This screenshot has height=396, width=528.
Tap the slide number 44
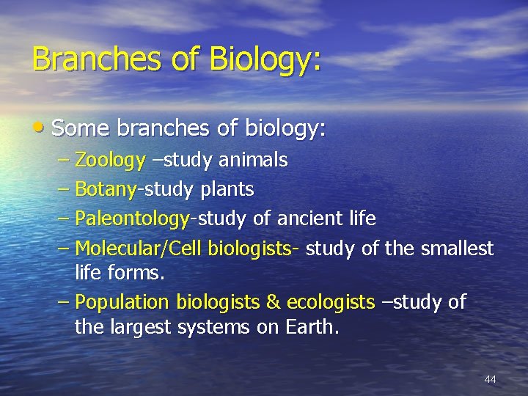tap(491, 379)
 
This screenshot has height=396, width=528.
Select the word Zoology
tap(110, 160)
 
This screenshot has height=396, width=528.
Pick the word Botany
tap(106, 190)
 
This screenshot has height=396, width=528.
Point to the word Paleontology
tap(133, 219)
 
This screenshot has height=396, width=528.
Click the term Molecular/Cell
tap(139, 249)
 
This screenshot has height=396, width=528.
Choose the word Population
tap(121, 302)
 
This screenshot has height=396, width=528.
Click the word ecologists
tap(331, 302)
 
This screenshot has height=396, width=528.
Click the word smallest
tap(457, 249)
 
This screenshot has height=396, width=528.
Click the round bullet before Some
tap(39, 129)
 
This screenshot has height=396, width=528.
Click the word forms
tap(139, 274)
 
